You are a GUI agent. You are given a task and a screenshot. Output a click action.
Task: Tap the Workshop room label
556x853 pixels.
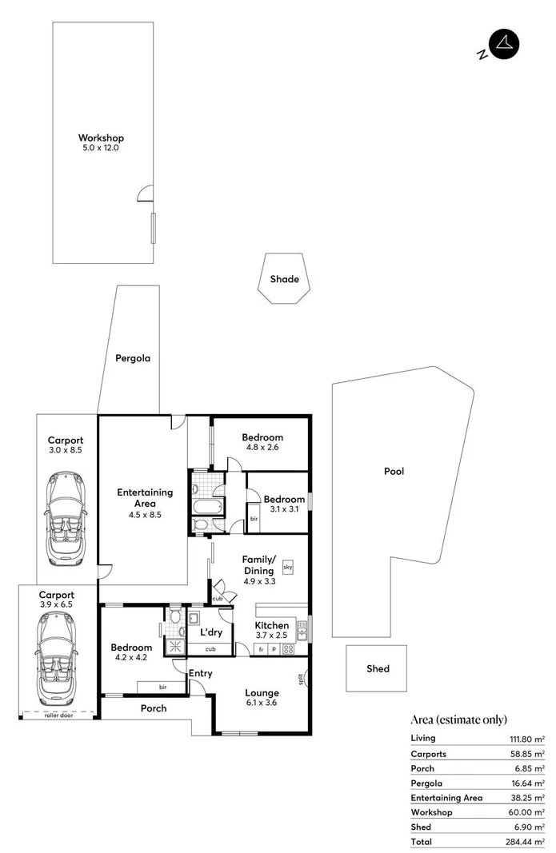pos(101,138)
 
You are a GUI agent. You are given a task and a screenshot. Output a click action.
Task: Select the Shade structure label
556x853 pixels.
pos(284,279)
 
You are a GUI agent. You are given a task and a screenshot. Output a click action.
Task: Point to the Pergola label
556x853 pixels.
pos(132,358)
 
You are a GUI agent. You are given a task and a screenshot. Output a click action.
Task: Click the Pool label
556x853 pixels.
pos(394,471)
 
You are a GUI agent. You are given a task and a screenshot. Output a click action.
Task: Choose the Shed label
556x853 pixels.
pos(378,668)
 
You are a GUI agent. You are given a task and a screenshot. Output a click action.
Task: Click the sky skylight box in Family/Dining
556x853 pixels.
pos(288,566)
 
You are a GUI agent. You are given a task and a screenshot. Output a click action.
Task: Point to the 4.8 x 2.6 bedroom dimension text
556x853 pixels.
pos(262,448)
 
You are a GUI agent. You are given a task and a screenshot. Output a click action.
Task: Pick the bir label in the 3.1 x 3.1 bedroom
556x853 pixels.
pos(254,518)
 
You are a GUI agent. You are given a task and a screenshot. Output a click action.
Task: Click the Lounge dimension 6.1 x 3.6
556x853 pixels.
pos(262,704)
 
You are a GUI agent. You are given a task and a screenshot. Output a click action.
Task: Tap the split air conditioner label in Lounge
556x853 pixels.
pos(301,680)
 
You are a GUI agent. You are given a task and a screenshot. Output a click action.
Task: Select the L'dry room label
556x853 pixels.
pos(211,632)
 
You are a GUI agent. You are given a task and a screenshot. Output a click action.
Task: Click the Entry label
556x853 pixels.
pos(200,673)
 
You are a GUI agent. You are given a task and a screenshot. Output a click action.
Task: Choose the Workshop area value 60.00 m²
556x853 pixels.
pos(528,812)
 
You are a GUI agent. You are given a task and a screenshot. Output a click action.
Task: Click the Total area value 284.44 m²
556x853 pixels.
pos(526,841)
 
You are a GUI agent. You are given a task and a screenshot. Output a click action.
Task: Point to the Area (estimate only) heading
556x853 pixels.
pos(458,719)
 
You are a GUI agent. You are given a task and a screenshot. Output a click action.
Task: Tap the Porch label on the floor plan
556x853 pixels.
pos(154,708)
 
